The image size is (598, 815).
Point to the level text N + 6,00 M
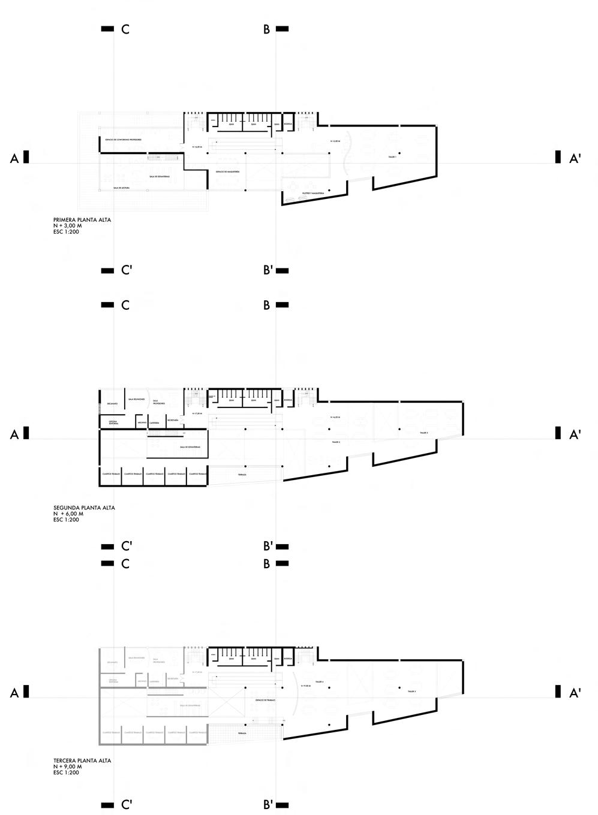pos(68,514)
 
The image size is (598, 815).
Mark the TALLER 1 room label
pos(392,156)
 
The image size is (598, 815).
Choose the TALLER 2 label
pos(336,442)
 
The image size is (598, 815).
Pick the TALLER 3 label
pos(423,432)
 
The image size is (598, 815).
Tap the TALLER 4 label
pos(319,682)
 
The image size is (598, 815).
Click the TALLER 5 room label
pos(411,691)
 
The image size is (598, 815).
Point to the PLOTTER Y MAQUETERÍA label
pos(313,193)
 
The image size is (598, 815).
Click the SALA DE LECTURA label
pos(121,188)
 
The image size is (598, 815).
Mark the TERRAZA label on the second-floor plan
pos(242,475)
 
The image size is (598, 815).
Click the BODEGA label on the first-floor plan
pos(288,123)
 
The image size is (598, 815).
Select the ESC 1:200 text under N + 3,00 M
pos(66,232)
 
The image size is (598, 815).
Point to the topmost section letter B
pos(266,29)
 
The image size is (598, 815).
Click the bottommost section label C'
pos(127,804)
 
